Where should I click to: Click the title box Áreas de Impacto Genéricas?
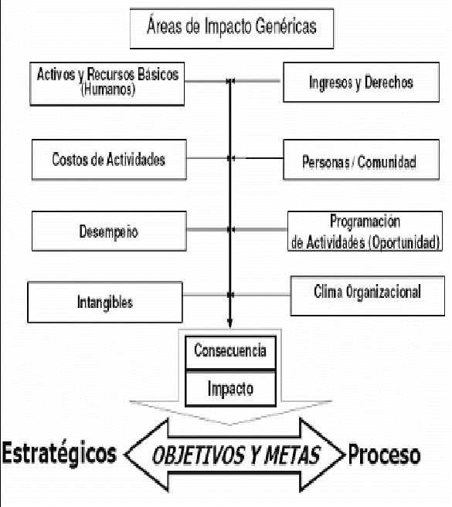(x=232, y=29)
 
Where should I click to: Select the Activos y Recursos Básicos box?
(x=107, y=84)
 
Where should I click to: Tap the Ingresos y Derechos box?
(x=361, y=82)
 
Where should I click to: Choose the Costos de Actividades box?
(x=109, y=160)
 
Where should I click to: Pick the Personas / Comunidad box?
(x=361, y=160)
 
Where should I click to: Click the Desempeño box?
(x=109, y=231)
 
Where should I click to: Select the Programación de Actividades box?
(x=365, y=231)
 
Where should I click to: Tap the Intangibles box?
(x=105, y=302)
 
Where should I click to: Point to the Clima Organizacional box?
(x=368, y=296)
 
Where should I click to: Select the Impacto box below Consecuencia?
(x=230, y=388)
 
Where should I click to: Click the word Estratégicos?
(x=59, y=453)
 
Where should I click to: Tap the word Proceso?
(x=384, y=455)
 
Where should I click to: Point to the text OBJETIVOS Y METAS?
(x=236, y=455)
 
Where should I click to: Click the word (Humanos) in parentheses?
(x=108, y=90)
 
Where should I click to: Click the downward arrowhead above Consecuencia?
(x=230, y=323)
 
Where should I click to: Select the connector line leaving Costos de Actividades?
(x=208, y=158)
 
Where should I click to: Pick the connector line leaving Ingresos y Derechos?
(x=257, y=81)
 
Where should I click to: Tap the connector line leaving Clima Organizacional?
(x=260, y=295)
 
